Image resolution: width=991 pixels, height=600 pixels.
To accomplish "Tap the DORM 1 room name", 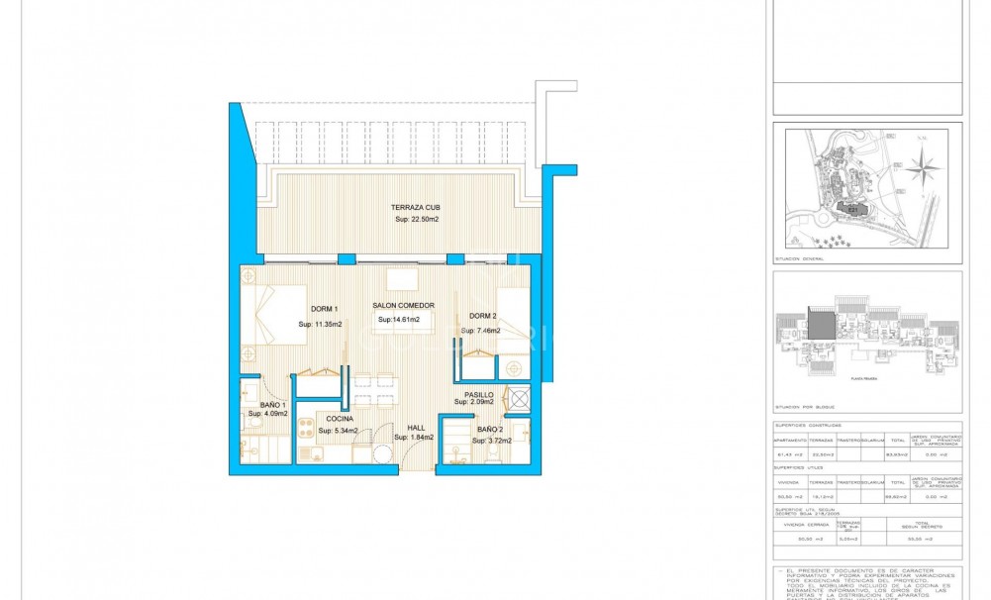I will (x=325, y=308).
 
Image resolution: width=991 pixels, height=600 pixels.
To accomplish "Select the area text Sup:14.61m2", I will (x=399, y=320).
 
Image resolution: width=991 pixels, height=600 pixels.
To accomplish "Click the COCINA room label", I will (x=342, y=419).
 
